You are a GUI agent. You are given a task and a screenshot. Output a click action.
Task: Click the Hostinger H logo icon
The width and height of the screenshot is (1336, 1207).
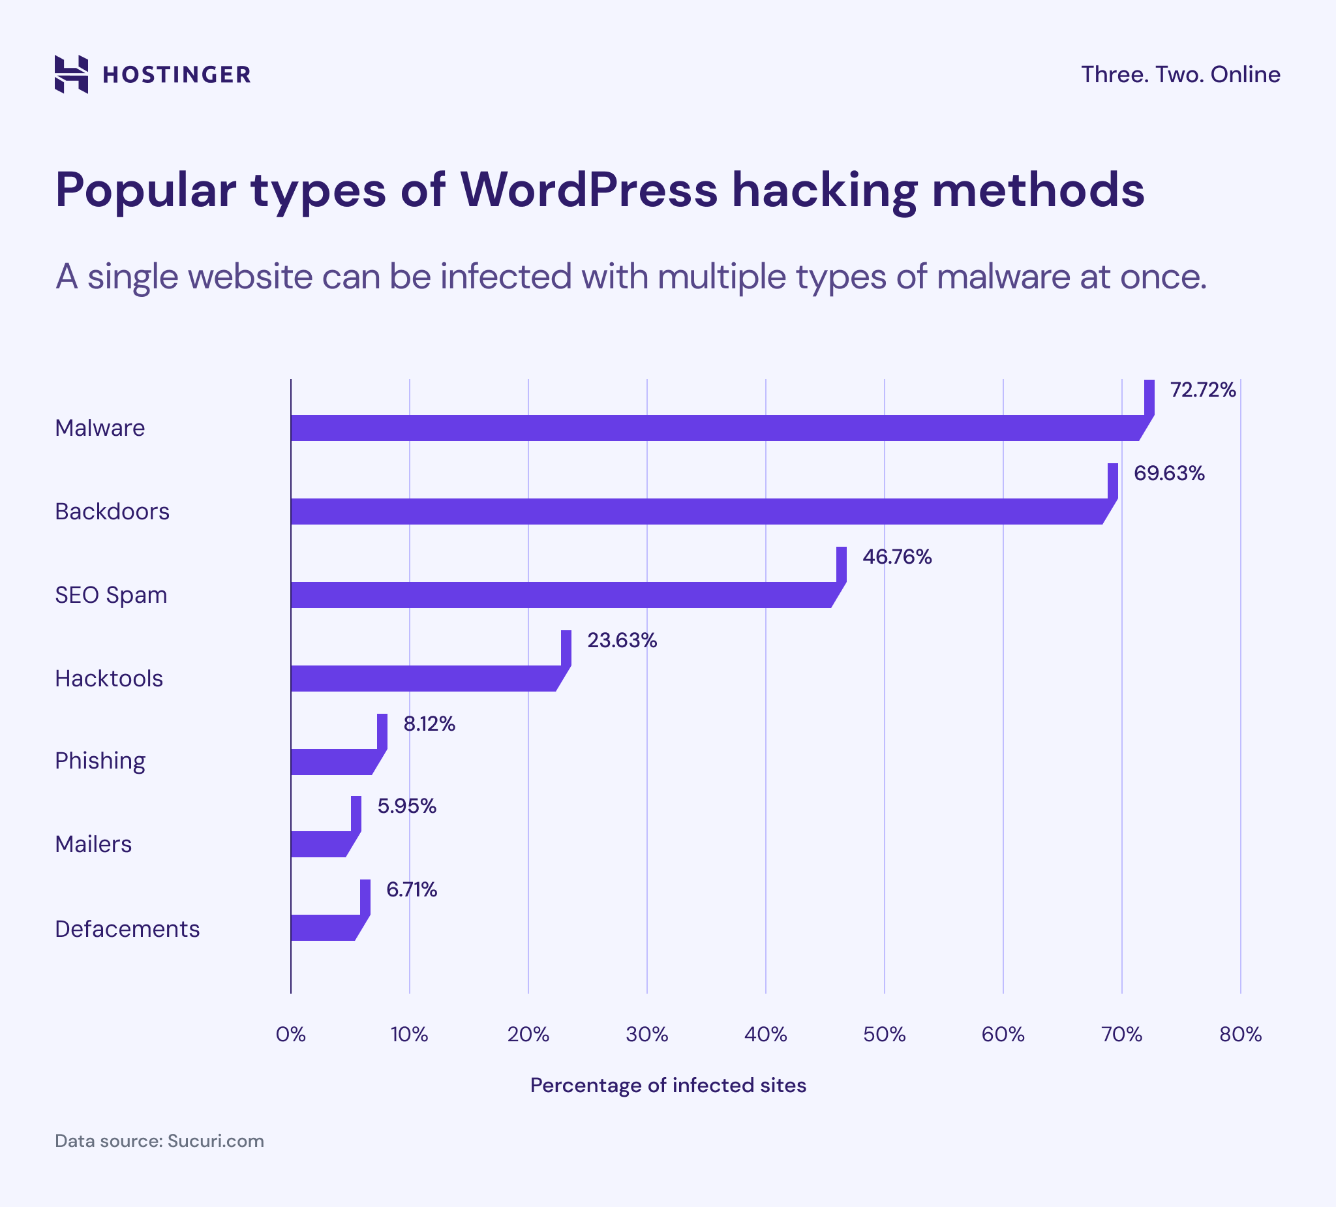point(72,74)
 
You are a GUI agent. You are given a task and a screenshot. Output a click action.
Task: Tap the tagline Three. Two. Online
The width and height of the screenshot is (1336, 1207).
point(1180,74)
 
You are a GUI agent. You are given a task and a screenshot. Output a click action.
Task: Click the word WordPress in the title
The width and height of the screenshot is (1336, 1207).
point(589,191)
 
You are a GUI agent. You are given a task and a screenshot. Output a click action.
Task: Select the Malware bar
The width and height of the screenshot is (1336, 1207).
point(716,428)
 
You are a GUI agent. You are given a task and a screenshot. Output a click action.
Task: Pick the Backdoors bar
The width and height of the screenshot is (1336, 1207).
point(696,512)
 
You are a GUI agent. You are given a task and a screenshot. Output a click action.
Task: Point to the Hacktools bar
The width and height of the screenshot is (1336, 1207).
point(424,679)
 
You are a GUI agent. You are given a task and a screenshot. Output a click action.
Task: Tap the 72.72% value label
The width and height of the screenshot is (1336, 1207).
point(1203,390)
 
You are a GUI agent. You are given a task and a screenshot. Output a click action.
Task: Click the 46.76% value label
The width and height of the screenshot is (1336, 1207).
point(897,557)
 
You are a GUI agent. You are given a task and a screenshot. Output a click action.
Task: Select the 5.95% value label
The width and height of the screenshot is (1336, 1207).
point(407,806)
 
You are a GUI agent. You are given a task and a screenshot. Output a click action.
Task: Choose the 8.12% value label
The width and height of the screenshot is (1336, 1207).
point(429,724)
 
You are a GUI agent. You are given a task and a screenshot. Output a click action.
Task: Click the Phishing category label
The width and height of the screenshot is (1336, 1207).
point(100,761)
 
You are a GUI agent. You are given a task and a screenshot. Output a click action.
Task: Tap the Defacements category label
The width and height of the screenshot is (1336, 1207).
point(127,929)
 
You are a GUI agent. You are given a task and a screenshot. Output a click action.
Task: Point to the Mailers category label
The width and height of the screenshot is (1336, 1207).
point(93,844)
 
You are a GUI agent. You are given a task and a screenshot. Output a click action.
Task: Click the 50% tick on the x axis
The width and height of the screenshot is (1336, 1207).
point(884,1035)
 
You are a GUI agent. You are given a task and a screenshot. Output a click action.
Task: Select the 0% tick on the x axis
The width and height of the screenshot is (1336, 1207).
point(291,1035)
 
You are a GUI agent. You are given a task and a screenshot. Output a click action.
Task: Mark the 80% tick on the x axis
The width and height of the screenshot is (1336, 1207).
point(1241,1035)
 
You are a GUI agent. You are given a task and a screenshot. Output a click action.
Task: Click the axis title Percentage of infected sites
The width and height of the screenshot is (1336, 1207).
point(668,1086)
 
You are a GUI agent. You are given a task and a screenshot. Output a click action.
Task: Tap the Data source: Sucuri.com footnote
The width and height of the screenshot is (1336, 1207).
point(159,1141)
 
